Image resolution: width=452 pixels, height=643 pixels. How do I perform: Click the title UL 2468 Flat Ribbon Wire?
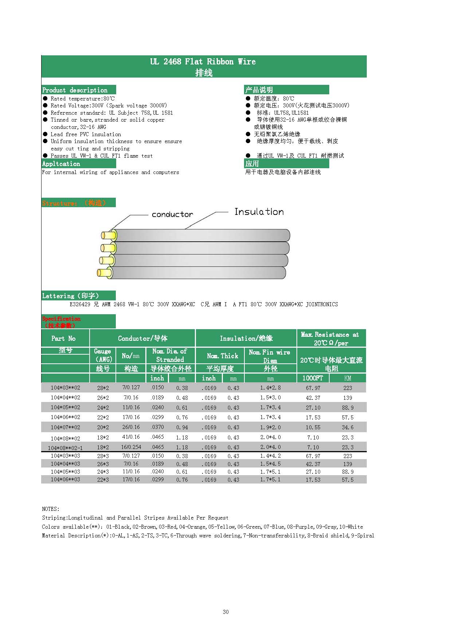(x=203, y=62)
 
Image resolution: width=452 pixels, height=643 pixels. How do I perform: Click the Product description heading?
(x=75, y=90)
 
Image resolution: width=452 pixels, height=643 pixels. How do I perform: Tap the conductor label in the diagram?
(x=172, y=214)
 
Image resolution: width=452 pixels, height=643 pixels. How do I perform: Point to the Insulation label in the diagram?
(x=259, y=212)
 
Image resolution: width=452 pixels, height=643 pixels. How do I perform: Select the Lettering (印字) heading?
(x=70, y=296)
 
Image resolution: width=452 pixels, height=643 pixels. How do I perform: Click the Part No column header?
(x=63, y=338)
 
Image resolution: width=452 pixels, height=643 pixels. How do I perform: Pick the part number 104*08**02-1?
(x=65, y=448)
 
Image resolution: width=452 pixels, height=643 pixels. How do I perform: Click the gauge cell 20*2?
(x=103, y=427)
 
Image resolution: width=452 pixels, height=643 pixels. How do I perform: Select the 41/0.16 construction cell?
(x=131, y=437)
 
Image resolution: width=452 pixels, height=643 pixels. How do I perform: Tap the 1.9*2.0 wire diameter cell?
(x=270, y=427)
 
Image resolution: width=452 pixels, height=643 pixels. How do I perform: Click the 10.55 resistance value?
(x=313, y=427)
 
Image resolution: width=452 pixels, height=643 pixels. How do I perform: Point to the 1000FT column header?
(x=313, y=378)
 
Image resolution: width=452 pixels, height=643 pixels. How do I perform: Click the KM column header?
(x=347, y=378)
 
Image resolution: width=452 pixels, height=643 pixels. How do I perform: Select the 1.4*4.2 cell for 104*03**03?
(x=270, y=456)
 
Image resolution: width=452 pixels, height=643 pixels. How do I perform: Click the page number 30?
(x=226, y=612)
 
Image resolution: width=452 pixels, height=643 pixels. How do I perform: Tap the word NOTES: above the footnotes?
(x=51, y=509)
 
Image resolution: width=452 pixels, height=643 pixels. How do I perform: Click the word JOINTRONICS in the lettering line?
(x=322, y=304)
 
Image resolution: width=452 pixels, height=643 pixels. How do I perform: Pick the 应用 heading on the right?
(x=252, y=164)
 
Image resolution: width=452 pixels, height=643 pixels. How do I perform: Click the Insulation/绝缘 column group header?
(x=246, y=338)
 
